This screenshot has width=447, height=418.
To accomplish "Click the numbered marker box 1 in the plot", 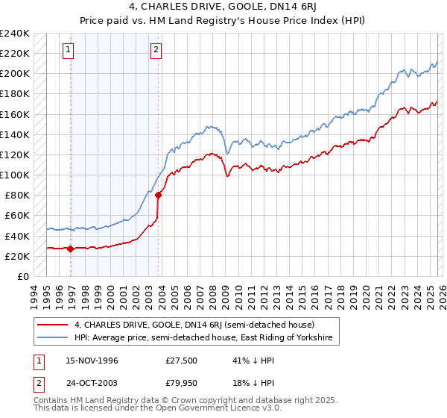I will point(68,50).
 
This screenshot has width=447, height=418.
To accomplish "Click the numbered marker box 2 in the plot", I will point(156,50).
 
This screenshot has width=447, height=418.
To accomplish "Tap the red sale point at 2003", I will point(159,196).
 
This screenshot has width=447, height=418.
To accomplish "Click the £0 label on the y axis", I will point(22,276).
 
